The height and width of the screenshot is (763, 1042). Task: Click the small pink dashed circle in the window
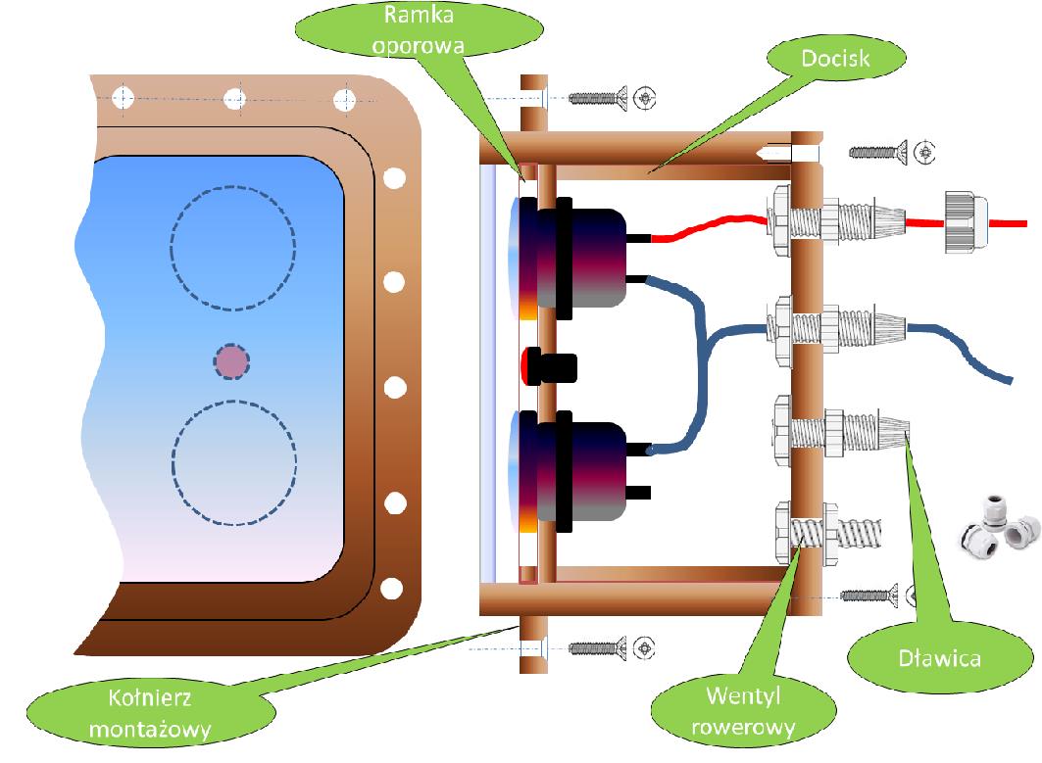(x=232, y=361)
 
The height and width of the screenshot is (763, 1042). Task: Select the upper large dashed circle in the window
(x=232, y=248)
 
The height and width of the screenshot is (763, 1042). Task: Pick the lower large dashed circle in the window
(x=234, y=464)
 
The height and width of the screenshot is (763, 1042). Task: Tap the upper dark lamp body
(x=588, y=259)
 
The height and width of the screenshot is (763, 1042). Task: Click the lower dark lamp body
(x=588, y=472)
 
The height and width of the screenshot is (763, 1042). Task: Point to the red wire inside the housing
(x=706, y=228)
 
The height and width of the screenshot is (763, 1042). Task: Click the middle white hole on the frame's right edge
(x=394, y=387)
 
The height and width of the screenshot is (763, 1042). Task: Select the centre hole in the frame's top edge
(x=233, y=99)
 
